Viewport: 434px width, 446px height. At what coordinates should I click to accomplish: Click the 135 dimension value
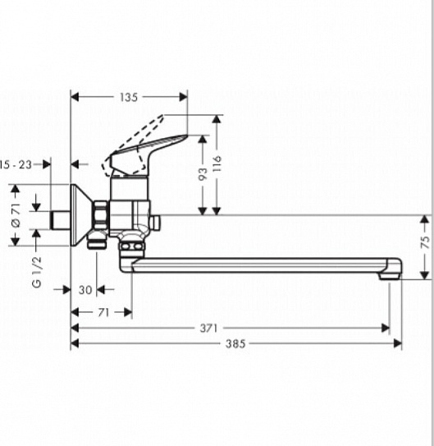tap(129, 97)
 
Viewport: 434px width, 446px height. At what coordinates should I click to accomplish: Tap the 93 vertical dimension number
tap(202, 173)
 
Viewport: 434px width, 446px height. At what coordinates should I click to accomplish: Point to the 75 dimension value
tap(425, 242)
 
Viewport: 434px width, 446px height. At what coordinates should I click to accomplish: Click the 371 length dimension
tap(209, 328)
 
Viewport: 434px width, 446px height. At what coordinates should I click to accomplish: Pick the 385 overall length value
tap(235, 343)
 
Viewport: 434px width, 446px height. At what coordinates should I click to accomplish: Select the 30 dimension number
tap(85, 289)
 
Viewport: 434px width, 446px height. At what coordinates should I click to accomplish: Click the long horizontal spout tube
tap(263, 265)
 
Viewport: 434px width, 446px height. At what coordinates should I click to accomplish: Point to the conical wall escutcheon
tap(81, 215)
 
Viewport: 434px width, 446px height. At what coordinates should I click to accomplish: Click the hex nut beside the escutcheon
tap(102, 216)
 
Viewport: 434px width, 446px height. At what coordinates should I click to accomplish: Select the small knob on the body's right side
tap(155, 223)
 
